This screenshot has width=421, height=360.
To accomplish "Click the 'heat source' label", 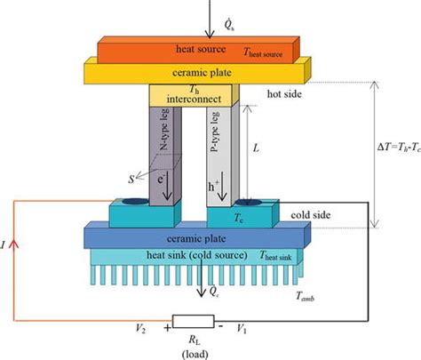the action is click(x=201, y=49).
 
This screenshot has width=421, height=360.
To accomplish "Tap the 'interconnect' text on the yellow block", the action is click(x=194, y=99).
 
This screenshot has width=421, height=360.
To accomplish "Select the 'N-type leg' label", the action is click(x=164, y=129).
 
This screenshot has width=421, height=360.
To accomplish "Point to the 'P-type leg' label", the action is click(x=214, y=132).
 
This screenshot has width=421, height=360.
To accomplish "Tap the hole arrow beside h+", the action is click(x=222, y=187).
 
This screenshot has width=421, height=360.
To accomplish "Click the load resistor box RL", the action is click(x=194, y=322).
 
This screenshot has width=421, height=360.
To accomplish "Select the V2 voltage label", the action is click(x=140, y=328).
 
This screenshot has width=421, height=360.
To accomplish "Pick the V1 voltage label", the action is click(x=242, y=329).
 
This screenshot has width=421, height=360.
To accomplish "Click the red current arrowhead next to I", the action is click(x=13, y=244).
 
